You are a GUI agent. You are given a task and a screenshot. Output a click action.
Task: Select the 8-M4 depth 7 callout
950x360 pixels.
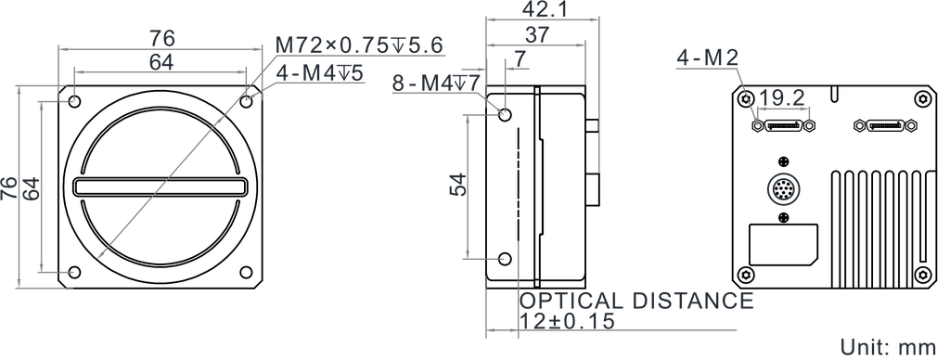(x=434, y=84)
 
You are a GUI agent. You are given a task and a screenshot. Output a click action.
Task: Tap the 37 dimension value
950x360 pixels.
(x=536, y=34)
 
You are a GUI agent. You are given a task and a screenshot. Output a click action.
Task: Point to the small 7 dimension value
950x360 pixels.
(x=520, y=58)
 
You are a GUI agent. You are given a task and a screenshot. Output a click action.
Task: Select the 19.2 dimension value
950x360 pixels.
(x=781, y=96)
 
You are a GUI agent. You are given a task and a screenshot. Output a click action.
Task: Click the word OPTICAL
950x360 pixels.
(x=571, y=301)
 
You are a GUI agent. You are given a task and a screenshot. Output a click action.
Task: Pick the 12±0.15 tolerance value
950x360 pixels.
(x=567, y=320)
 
